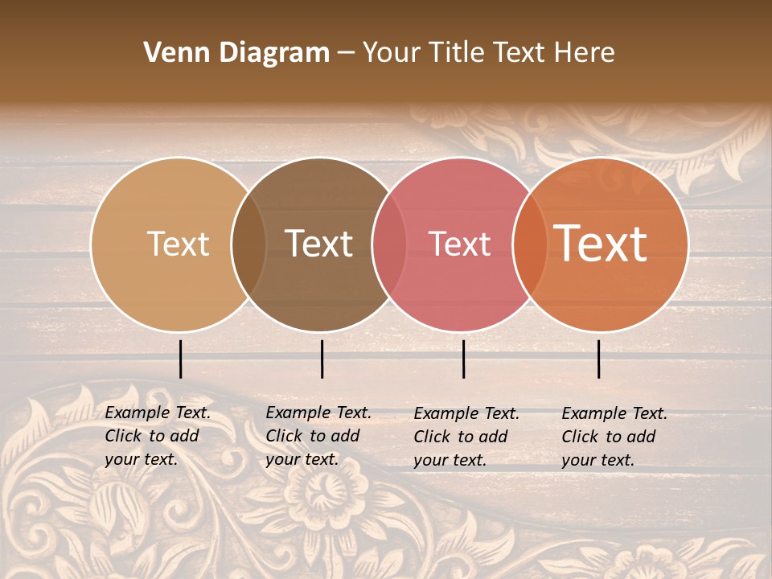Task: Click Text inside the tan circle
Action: click(x=178, y=244)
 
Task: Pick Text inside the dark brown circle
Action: click(x=318, y=244)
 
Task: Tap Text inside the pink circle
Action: click(x=459, y=244)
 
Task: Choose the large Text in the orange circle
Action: click(x=601, y=244)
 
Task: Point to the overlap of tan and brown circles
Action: click(x=248, y=244)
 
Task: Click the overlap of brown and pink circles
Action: click(x=389, y=244)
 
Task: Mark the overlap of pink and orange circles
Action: click(x=528, y=244)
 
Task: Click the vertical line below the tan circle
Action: click(x=181, y=359)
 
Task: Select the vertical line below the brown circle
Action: click(x=322, y=359)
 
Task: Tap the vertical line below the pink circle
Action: click(x=464, y=359)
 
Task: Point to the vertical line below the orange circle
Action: click(x=599, y=359)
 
